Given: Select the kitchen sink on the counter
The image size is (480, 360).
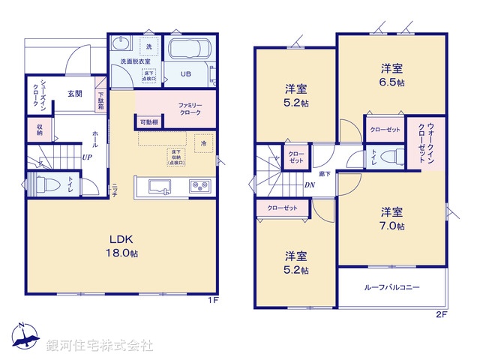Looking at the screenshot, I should pos(160,186).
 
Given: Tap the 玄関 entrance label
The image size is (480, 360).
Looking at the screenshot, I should pos(74,94).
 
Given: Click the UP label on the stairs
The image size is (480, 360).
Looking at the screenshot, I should pos(87,158).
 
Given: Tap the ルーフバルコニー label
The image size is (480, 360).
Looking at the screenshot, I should pos(391,287).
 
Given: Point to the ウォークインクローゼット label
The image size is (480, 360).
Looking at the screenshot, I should pos(422,142).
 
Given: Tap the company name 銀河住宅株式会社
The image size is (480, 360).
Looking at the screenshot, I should pos(100,346).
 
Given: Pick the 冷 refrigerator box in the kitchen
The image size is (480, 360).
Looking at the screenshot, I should pos(202,141).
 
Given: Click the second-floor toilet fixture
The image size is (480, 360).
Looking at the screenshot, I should pos(388,157).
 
